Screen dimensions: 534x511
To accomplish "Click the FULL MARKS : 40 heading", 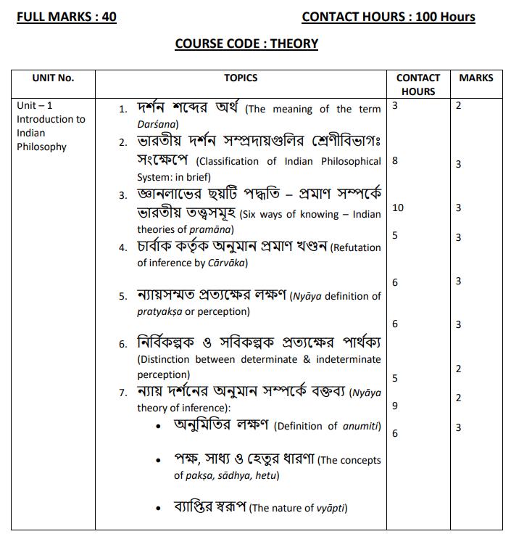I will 67,17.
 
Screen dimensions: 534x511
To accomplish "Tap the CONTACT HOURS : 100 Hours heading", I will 389,17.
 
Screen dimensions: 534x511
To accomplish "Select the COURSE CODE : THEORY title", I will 246,44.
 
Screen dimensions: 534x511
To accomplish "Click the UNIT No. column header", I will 53,78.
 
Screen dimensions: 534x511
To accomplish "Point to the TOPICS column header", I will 241,78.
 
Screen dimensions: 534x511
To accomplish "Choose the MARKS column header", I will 475,78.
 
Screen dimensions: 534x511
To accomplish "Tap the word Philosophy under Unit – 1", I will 42,147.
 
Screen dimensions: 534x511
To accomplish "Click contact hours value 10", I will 397,208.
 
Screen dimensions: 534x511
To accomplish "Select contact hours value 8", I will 395,161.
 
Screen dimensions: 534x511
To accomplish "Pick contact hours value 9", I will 395,406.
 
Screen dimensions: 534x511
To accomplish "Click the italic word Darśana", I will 157,125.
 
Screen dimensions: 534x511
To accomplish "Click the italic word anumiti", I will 361,427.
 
